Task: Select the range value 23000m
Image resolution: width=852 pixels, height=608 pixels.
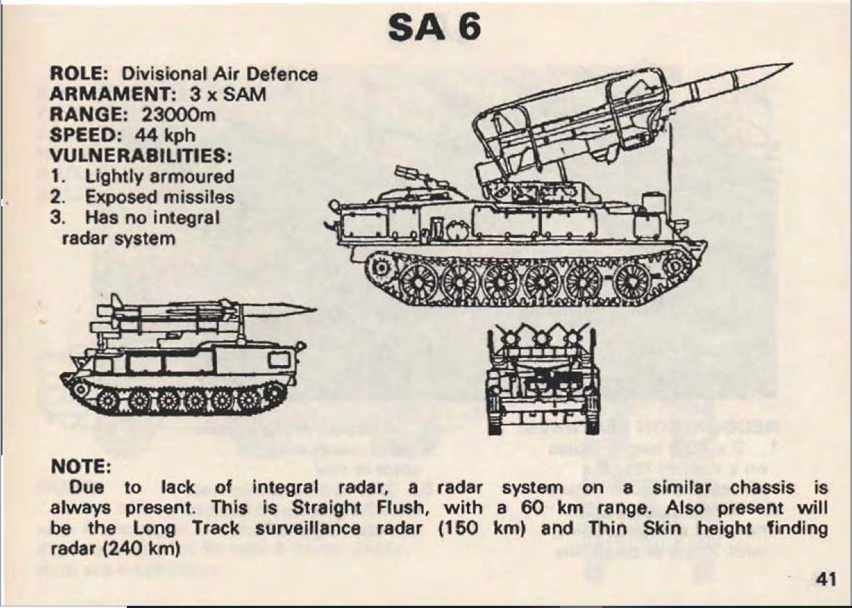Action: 178,115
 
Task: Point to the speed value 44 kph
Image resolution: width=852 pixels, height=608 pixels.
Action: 164,135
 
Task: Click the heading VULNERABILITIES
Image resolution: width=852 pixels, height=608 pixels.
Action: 141,155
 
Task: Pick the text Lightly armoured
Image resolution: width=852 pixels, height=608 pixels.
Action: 160,177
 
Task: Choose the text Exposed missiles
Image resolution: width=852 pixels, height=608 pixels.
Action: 160,197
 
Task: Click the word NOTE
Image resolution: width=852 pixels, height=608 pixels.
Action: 80,466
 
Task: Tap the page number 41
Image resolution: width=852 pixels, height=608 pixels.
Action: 826,580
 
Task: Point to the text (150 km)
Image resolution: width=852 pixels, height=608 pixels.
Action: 483,528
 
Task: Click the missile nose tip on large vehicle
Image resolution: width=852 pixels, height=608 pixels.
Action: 792,64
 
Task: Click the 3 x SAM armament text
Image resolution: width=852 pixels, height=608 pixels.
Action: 228,94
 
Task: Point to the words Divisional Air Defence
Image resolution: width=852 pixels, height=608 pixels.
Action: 219,74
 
